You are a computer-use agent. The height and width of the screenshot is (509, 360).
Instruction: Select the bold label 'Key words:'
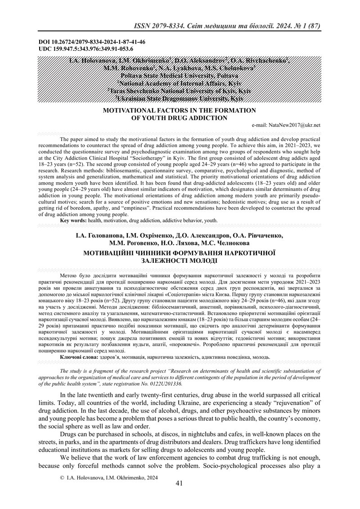tap(75, 221)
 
